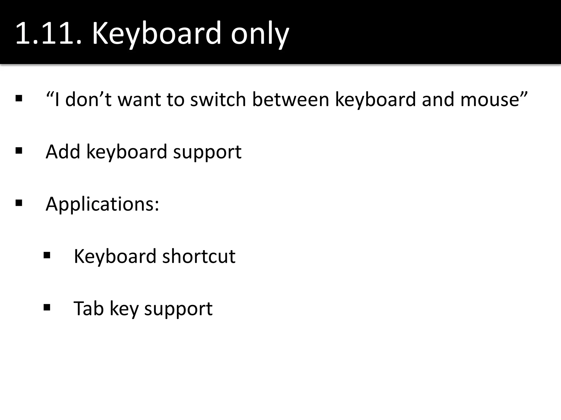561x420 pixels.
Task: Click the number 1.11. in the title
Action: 48,33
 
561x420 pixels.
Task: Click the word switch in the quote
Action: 218,99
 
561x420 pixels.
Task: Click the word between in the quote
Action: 290,99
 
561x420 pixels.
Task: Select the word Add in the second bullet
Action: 63,151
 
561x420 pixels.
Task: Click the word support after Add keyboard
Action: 207,153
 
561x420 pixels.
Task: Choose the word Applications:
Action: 102,205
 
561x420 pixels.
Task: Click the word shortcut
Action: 199,256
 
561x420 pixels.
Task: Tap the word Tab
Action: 88,308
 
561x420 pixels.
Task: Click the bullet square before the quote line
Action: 19,98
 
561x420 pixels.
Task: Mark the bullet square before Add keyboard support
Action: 19,151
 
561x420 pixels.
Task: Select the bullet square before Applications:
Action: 19,203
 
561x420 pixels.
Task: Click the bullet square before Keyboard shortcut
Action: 47,255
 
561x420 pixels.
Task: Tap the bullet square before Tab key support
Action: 47,308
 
